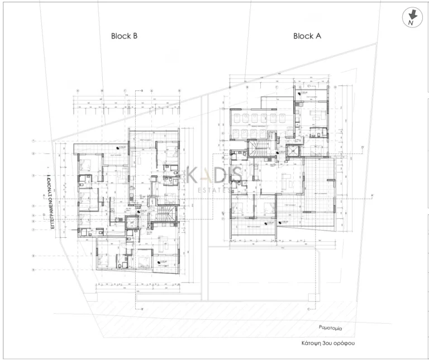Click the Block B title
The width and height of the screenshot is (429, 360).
(124, 36)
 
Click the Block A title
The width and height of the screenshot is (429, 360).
(307, 36)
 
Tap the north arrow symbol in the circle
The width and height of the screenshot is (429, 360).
(411, 15)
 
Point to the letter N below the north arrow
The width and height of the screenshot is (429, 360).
(411, 23)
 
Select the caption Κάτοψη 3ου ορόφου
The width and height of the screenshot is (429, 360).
(326, 344)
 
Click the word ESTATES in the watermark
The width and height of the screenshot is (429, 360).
(214, 189)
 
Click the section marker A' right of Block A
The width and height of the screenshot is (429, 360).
(371, 195)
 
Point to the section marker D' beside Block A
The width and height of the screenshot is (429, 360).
(361, 148)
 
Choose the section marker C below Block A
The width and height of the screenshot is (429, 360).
(308, 308)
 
